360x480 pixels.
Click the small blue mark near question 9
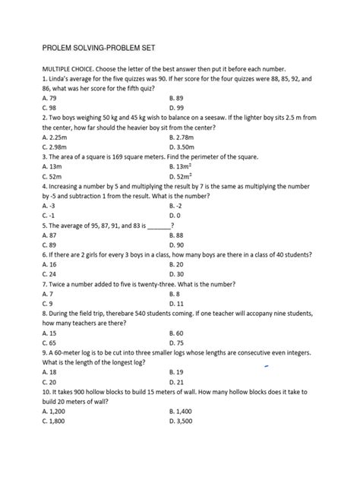[x=267, y=365]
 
